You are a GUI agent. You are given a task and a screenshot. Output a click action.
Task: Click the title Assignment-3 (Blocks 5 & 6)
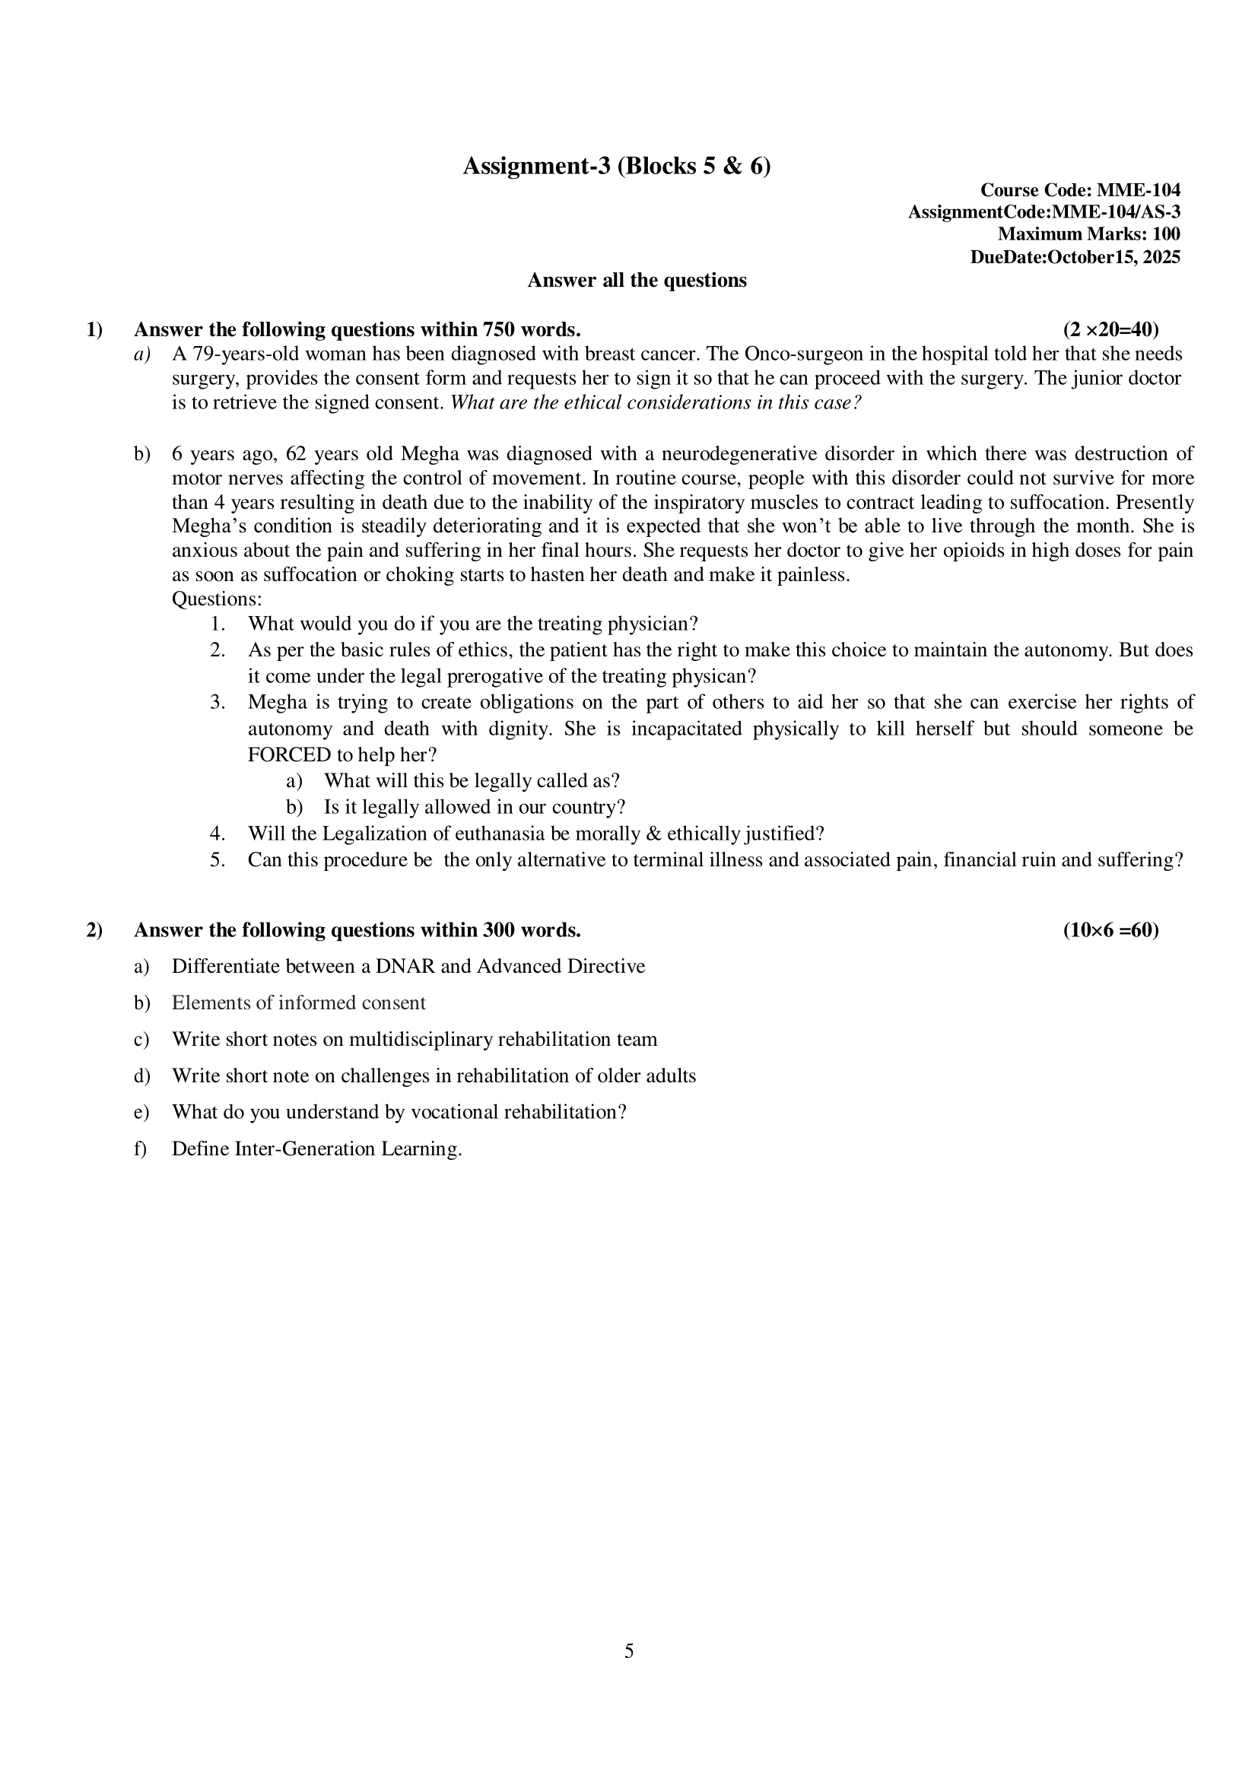[617, 166]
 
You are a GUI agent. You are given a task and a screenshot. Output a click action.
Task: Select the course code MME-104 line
[1080, 190]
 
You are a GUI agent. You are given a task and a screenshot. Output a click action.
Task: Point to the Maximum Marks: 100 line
[1088, 234]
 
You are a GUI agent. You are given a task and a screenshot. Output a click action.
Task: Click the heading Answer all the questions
[637, 281]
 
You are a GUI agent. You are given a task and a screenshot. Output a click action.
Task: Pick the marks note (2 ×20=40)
[1110, 329]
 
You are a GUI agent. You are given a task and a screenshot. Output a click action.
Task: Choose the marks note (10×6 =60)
[1110, 929]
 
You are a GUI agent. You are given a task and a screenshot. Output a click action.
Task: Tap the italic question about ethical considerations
[656, 403]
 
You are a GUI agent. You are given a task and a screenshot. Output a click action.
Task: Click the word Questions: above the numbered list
[217, 599]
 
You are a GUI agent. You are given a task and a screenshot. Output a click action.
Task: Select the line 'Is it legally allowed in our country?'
[474, 808]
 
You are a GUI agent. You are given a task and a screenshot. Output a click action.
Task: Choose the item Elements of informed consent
[298, 1002]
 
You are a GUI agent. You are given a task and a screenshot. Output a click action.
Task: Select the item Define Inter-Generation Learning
[317, 1148]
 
